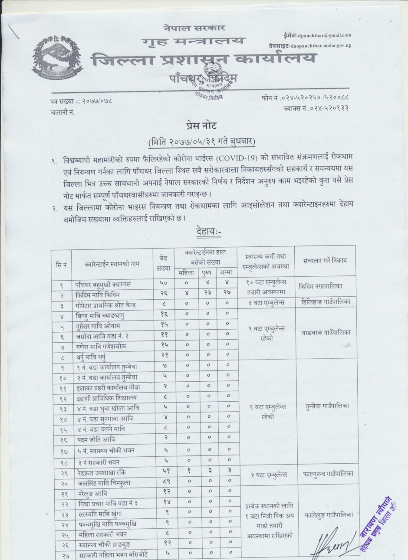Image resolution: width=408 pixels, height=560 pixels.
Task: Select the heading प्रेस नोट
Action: [200, 126]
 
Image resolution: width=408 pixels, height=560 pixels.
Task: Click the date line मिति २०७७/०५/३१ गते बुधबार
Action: [201, 142]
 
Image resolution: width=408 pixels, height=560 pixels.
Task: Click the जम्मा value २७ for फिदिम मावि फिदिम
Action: [226, 295]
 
